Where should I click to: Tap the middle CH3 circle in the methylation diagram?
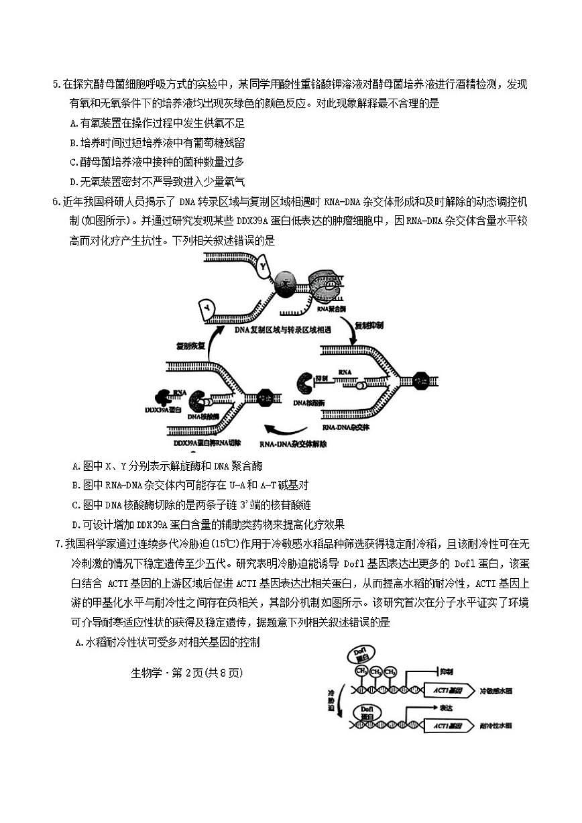coord(375,671)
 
